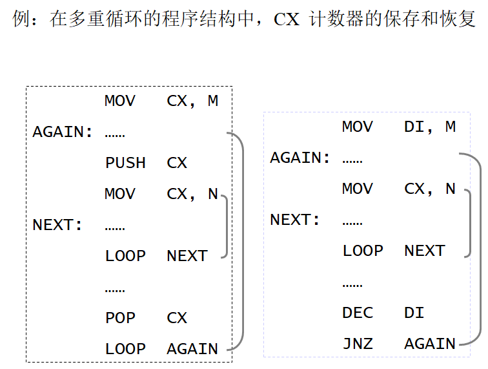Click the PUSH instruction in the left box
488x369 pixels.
(x=125, y=163)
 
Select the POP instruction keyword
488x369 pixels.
(x=120, y=318)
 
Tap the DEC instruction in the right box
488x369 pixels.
(x=358, y=313)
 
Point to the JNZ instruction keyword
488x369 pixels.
(x=358, y=344)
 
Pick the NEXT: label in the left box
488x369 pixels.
(x=57, y=225)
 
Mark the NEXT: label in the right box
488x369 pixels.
(x=295, y=220)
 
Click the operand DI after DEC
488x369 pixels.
(x=414, y=313)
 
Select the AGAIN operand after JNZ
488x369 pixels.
(x=429, y=344)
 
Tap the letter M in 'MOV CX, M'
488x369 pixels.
(x=213, y=101)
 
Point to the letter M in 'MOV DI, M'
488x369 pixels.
(x=451, y=127)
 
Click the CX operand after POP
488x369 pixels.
(x=177, y=318)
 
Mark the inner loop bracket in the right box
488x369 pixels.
(x=468, y=220)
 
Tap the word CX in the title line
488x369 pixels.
(x=287, y=19)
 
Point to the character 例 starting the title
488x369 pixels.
(x=21, y=19)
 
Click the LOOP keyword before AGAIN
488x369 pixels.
(x=125, y=349)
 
